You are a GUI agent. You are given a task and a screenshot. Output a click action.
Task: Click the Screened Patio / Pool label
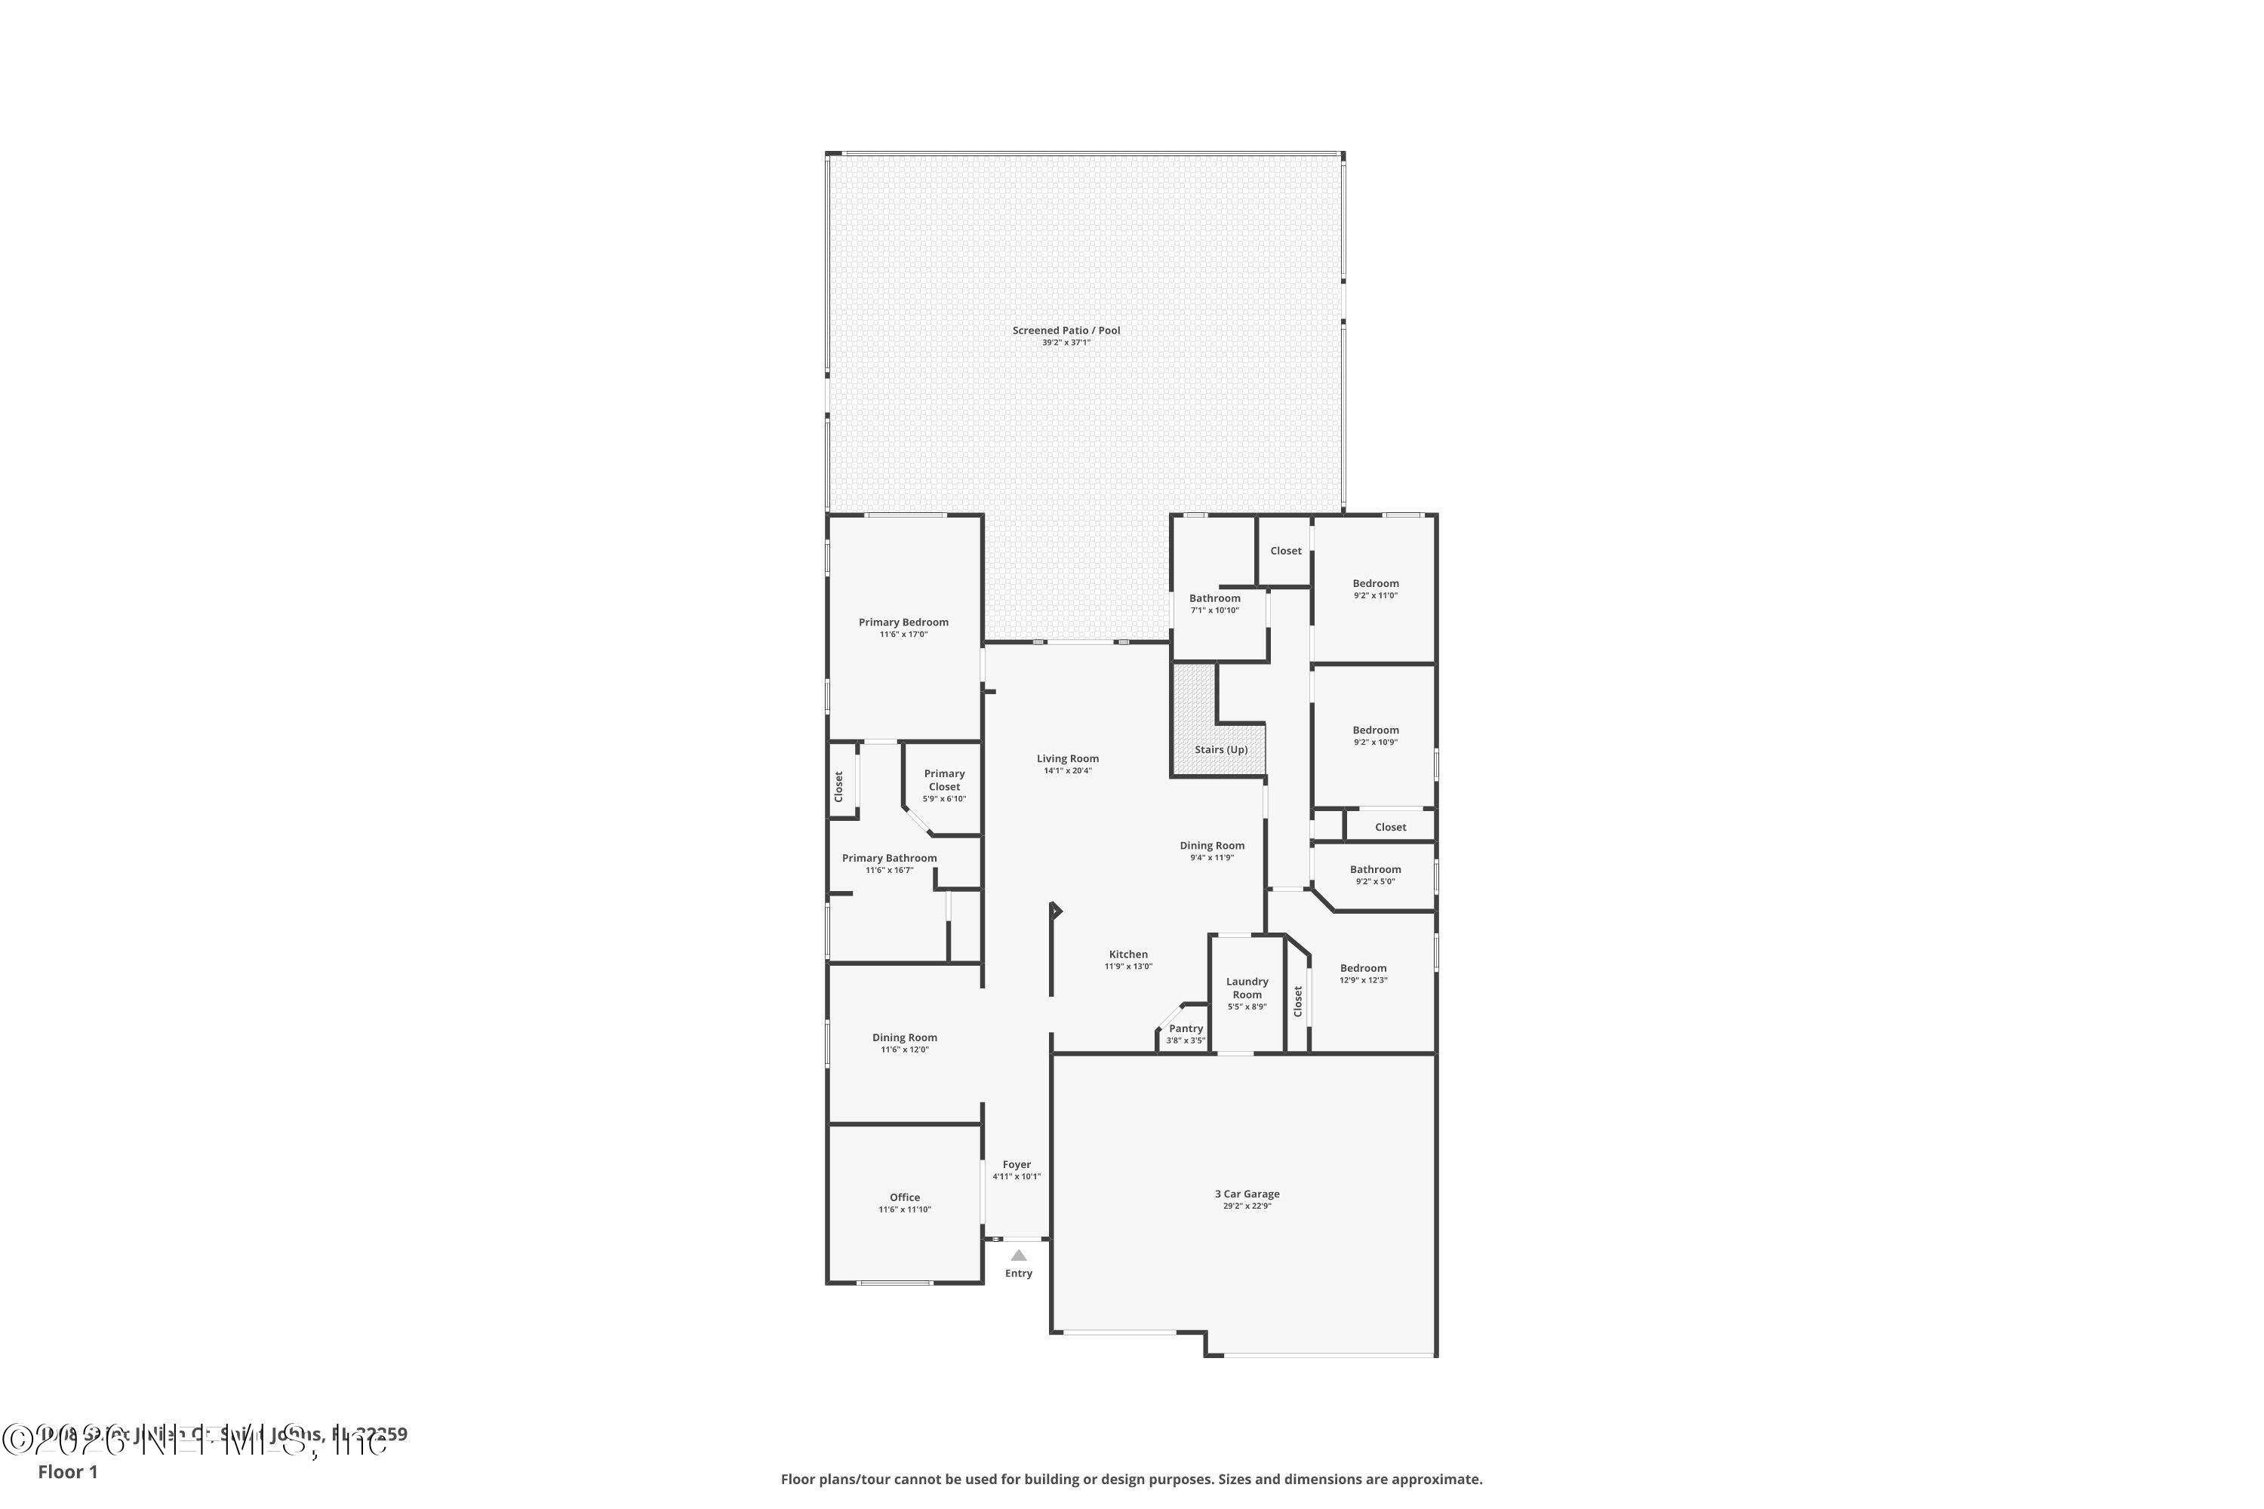(x=1066, y=330)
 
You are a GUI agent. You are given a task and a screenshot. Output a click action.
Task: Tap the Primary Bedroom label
(x=903, y=622)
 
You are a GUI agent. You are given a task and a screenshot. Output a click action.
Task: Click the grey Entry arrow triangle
(x=1018, y=1255)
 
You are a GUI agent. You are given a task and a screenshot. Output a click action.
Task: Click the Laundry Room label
(x=1247, y=988)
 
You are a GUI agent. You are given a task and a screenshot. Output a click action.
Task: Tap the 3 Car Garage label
(x=1247, y=1194)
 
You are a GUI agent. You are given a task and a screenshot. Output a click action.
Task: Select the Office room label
(x=904, y=1197)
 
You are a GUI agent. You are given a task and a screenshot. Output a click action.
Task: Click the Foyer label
(x=1017, y=1164)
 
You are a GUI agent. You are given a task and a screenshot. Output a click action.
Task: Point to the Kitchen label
(x=1128, y=954)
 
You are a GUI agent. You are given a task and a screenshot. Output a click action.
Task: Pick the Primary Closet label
(x=944, y=779)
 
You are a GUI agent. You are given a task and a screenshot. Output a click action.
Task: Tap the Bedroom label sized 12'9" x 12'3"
(x=1363, y=968)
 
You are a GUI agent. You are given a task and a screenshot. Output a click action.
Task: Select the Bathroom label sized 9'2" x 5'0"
(x=1374, y=869)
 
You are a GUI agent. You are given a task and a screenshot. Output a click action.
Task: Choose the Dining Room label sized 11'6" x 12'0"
(x=904, y=1037)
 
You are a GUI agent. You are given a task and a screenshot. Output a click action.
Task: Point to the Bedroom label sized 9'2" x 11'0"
(x=1374, y=583)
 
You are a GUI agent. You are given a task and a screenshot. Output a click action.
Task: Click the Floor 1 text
(x=67, y=1471)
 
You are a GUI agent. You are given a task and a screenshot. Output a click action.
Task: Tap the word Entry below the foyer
(x=1018, y=1274)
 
